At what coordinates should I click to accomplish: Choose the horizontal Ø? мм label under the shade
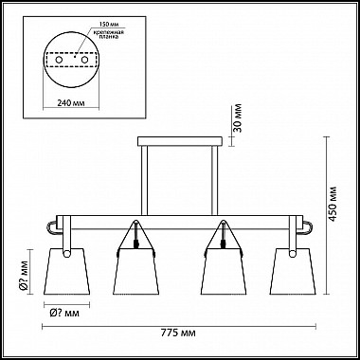point(64,313)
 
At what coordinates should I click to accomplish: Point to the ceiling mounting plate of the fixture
point(183,142)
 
